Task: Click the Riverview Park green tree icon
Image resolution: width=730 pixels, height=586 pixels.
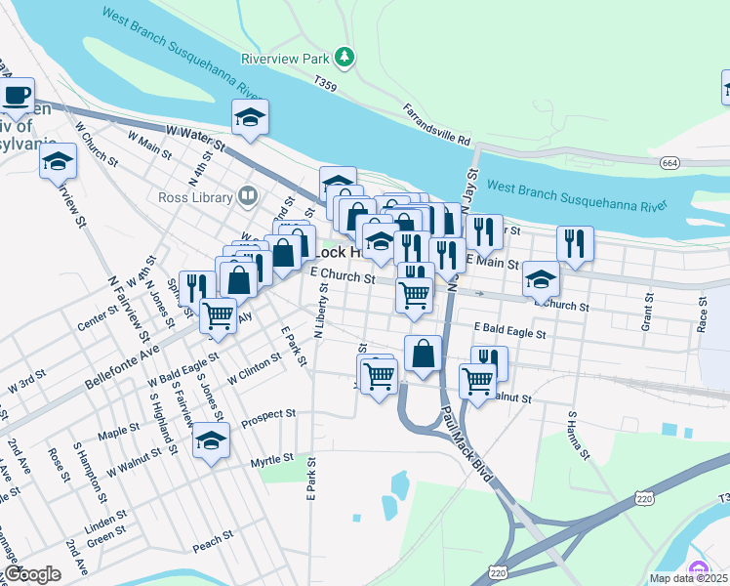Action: click(x=344, y=59)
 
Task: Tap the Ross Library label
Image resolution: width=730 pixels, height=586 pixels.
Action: click(x=194, y=197)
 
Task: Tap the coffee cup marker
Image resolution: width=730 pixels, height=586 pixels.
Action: click(x=16, y=96)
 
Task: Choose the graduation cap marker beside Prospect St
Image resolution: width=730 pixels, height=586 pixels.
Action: click(x=211, y=440)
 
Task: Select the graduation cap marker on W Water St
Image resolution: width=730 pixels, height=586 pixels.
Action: click(x=250, y=117)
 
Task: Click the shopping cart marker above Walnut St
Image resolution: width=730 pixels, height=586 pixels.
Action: click(x=477, y=379)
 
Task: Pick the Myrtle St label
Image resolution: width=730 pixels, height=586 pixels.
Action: click(x=271, y=459)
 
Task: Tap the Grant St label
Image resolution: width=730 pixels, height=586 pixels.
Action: click(x=646, y=311)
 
